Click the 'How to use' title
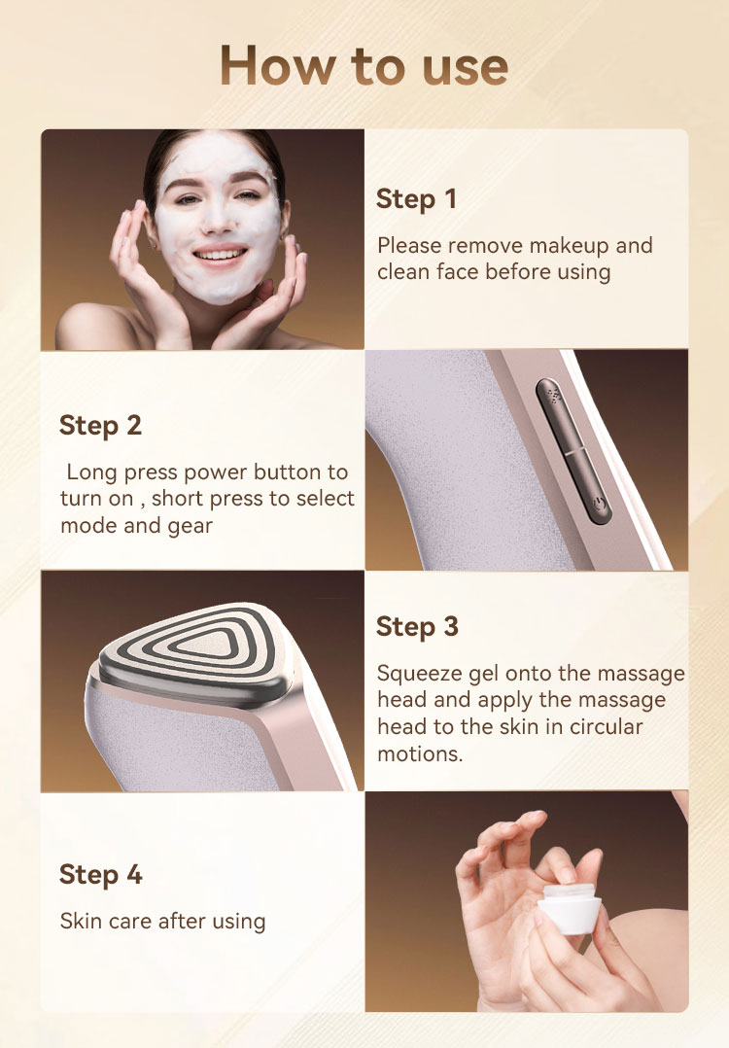[364, 66]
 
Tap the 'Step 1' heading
[416, 199]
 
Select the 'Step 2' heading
[100, 426]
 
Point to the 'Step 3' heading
[417, 627]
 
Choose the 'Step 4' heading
[101, 874]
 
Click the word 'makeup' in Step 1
[567, 246]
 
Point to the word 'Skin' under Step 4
[81, 921]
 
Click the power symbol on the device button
[600, 504]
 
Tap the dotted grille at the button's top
[553, 395]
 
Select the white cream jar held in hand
[570, 908]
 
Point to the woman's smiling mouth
[220, 255]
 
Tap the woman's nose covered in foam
[217, 217]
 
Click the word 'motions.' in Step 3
[420, 754]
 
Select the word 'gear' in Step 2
[191, 527]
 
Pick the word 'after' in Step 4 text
[182, 921]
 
